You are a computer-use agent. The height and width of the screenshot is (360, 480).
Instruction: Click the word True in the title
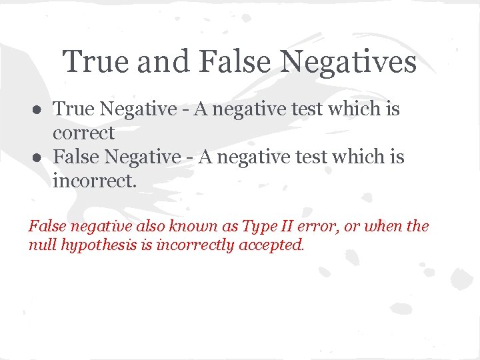(94, 63)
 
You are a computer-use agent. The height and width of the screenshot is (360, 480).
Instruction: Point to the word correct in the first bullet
(84, 133)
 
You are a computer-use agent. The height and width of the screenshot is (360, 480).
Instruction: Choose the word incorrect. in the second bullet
(93, 181)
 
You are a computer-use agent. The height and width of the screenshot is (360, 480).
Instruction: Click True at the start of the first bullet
(73, 109)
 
